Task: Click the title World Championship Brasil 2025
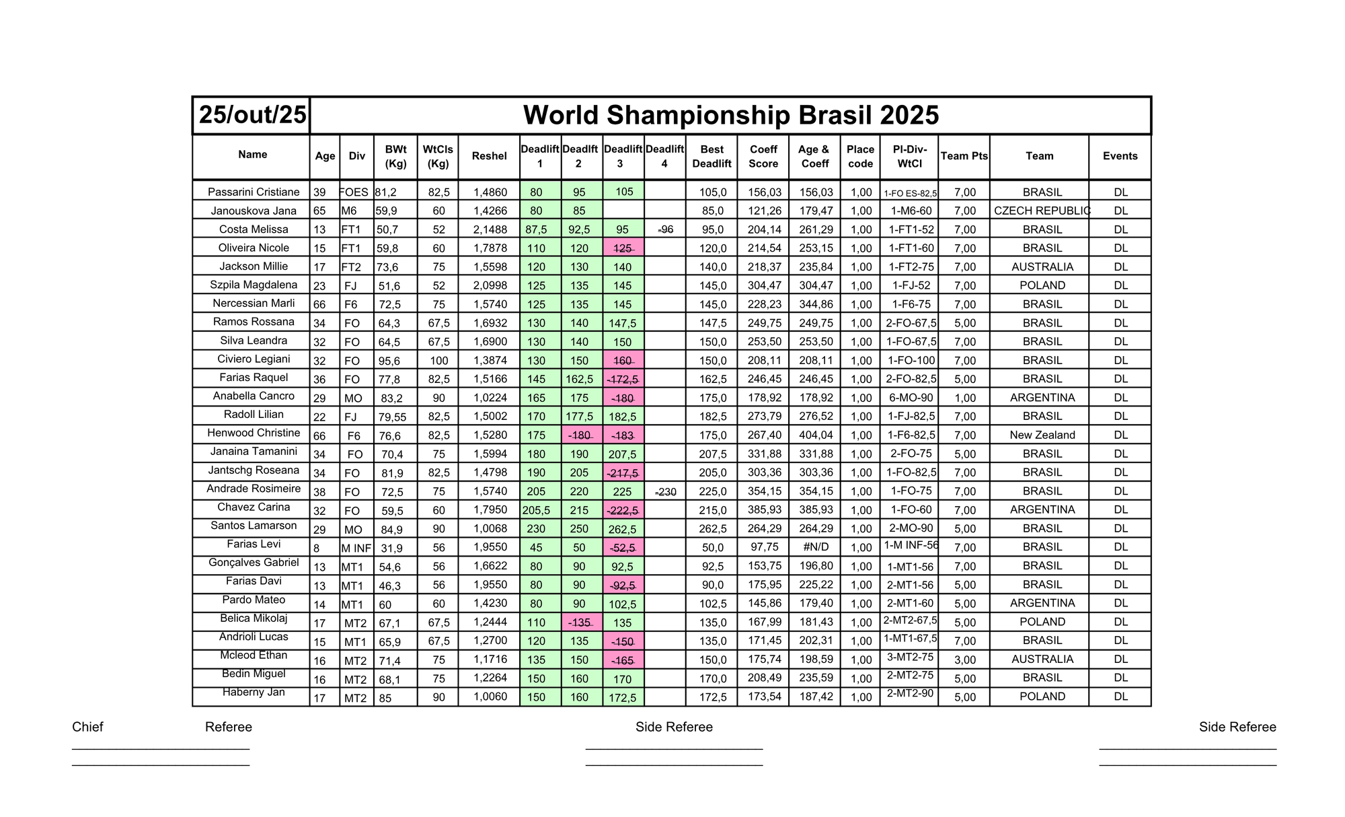click(730, 115)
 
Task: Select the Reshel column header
click(489, 156)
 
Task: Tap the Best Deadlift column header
click(712, 156)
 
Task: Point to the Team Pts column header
click(964, 156)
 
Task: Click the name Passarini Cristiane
click(254, 192)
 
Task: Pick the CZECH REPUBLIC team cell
click(1042, 211)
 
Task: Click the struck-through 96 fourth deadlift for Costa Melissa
click(665, 229)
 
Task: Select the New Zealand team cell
click(1042, 435)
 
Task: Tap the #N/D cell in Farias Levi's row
click(816, 547)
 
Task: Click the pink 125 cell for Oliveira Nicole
click(623, 248)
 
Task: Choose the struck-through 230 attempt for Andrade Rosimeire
click(665, 492)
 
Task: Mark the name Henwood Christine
click(254, 433)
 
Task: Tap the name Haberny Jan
click(254, 692)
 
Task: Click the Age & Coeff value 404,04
click(816, 435)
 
